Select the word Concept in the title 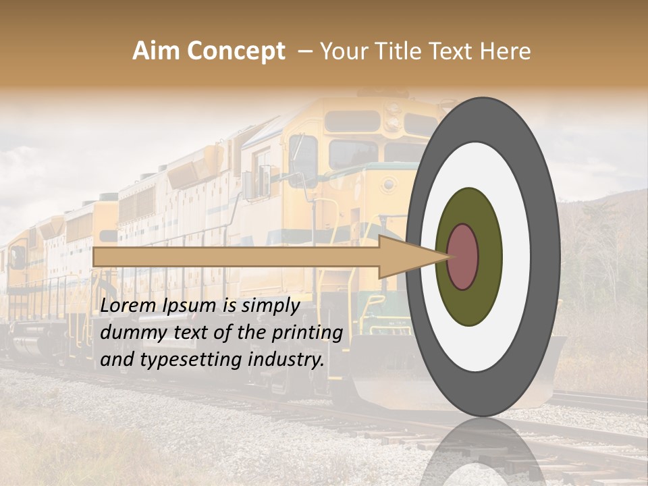pos(236,52)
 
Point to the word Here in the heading pos(506,51)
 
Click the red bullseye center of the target pos(462,256)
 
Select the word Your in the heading pos(342,51)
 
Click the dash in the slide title pos(304,51)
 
